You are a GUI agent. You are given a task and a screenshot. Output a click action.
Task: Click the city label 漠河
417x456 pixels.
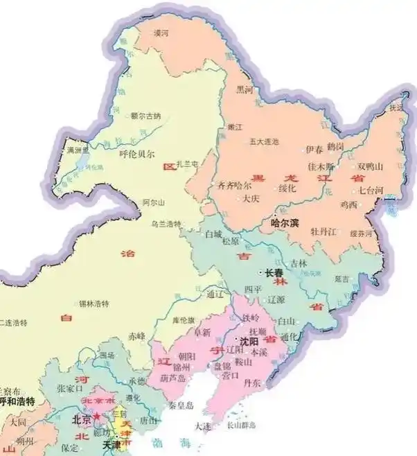161,33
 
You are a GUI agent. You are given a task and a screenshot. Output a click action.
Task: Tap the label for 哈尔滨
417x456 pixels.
284,223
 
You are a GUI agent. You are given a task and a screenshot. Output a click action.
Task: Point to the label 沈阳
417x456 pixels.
248,341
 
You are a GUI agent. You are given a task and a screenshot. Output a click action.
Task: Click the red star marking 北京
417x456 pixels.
96,416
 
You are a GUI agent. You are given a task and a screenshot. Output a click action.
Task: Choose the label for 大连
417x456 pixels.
203,426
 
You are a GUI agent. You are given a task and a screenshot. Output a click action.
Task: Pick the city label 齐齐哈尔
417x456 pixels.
233,186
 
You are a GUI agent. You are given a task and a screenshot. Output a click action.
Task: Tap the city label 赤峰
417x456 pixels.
136,336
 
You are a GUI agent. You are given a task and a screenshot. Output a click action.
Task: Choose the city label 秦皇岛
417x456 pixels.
179,405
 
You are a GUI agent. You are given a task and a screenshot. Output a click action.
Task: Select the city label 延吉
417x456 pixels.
341,279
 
